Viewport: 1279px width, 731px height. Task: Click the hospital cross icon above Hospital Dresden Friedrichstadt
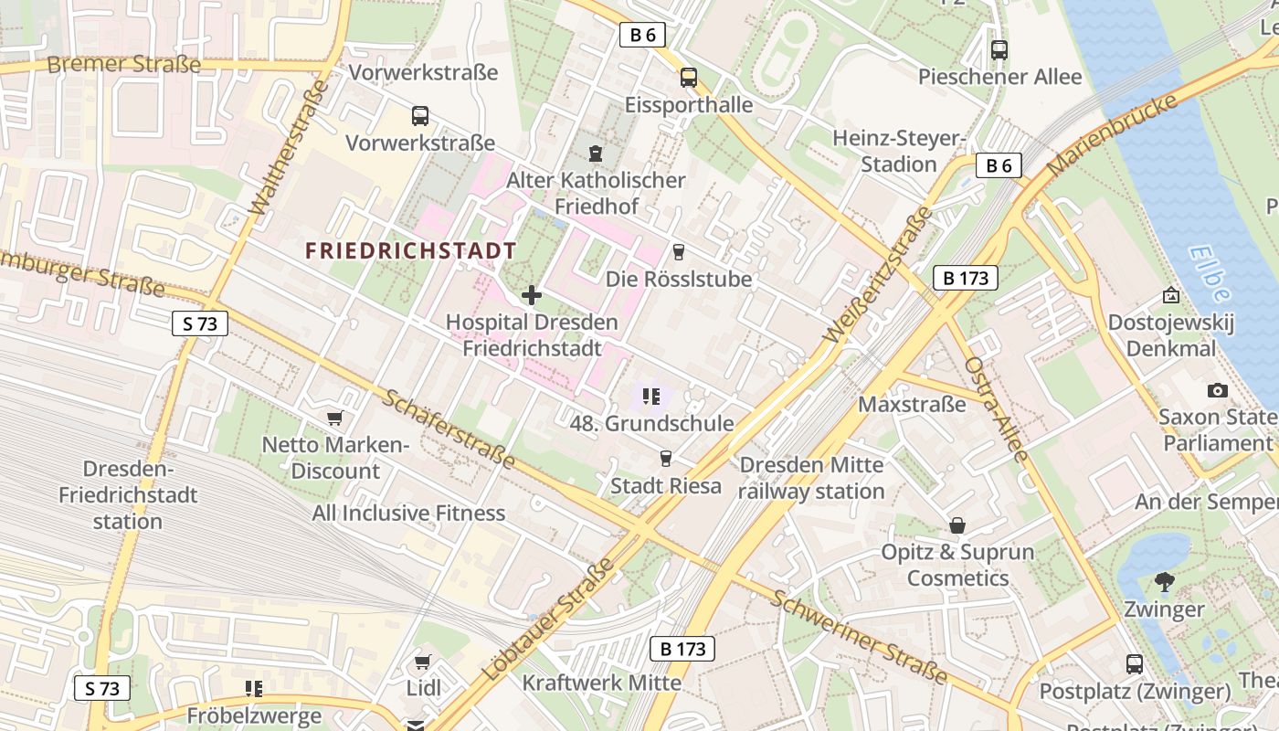531,295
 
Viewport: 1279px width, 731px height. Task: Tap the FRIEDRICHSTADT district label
410,250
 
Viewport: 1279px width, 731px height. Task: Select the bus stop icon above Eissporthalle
688,78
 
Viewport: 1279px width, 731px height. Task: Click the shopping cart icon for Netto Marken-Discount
334,418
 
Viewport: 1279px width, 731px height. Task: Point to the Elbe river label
1210,273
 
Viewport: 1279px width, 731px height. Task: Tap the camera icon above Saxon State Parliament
1217,390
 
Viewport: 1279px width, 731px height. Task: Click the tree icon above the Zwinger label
1164,581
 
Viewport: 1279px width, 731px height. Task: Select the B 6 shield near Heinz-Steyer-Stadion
998,165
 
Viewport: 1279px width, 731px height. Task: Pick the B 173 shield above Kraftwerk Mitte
682,649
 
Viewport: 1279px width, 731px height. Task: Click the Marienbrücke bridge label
1112,135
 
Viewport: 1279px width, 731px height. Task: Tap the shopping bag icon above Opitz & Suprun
957,525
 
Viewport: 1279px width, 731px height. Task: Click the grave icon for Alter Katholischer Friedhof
596,153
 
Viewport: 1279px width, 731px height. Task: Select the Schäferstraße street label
449,429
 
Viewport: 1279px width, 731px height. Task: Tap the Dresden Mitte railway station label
811,478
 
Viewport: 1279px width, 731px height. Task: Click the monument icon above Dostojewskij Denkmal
1170,295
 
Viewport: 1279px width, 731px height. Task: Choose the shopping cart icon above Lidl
422,661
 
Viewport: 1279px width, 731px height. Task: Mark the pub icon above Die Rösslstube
678,252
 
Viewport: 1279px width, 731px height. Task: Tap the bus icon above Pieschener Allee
999,50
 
